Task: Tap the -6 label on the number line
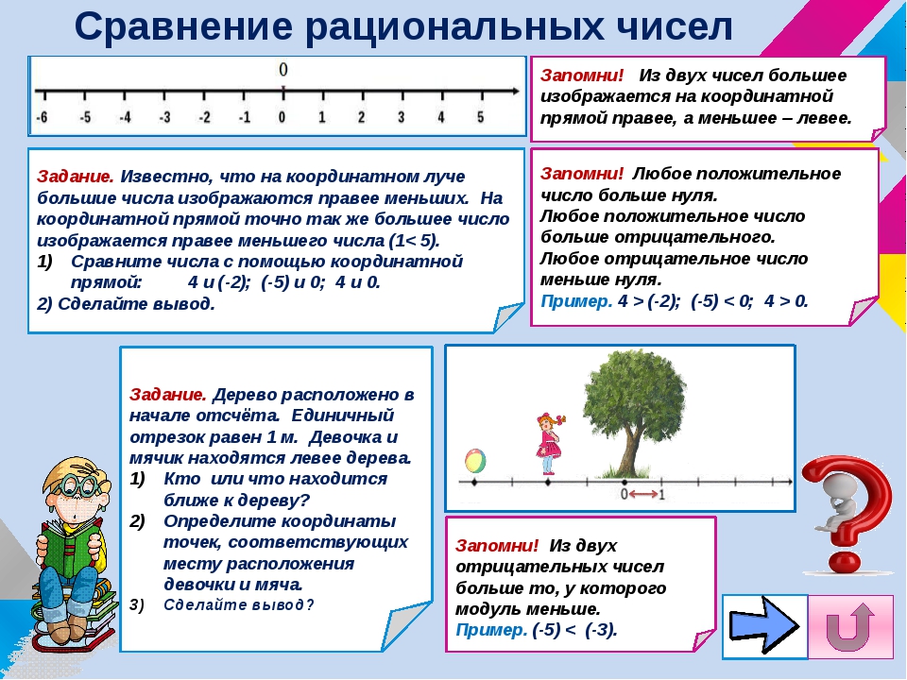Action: click(x=41, y=118)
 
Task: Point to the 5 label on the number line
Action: click(x=480, y=118)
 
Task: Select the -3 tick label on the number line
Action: click(x=163, y=118)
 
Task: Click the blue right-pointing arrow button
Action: click(x=765, y=625)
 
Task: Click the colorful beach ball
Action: click(x=474, y=462)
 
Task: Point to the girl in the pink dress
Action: click(x=548, y=444)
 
